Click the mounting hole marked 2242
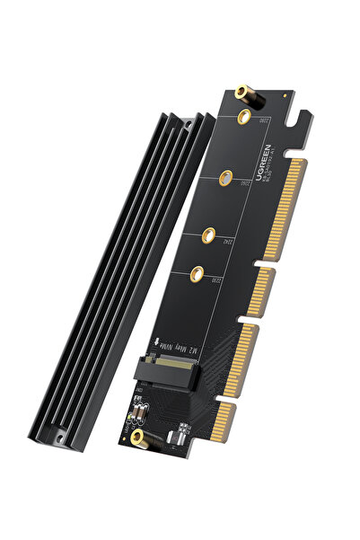tap(209, 238)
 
